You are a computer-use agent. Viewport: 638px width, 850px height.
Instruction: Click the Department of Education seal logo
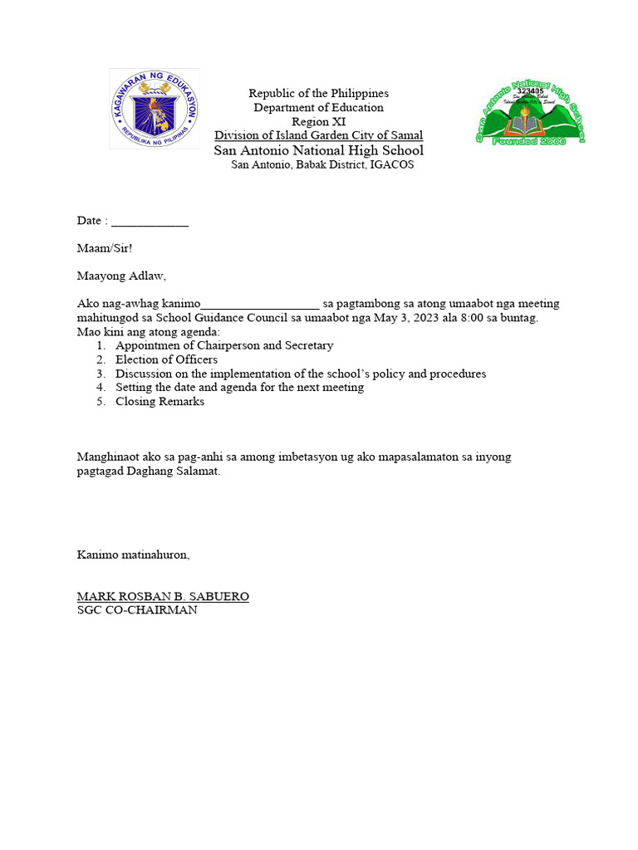point(155,109)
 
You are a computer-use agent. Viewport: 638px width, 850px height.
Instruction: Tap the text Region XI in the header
point(318,121)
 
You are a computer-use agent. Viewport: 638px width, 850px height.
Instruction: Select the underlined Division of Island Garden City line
point(318,135)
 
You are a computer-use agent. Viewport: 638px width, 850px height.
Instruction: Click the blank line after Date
point(150,221)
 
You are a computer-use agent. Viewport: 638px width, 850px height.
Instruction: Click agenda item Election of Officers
point(166,359)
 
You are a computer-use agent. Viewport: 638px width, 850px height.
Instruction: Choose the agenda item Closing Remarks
point(159,402)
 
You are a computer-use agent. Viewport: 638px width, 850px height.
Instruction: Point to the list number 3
point(100,374)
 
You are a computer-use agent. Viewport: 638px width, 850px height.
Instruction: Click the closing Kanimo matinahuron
point(133,554)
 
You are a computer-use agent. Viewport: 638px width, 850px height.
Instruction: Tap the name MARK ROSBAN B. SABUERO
point(163,596)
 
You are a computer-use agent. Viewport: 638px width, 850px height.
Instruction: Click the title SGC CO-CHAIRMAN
point(137,610)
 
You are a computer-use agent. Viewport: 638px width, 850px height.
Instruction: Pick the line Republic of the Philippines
point(318,93)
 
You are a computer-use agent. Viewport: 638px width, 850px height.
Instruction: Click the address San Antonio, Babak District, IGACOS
point(321,164)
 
